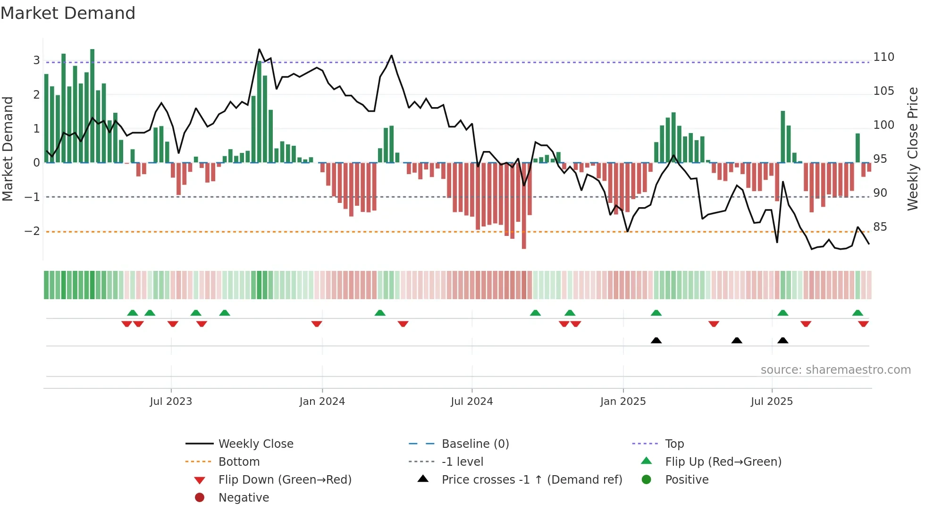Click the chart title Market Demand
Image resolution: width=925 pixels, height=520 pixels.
point(68,13)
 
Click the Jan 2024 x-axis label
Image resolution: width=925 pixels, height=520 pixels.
point(322,402)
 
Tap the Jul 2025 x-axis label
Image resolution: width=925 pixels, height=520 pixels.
point(772,402)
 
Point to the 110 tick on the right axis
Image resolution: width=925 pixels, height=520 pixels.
point(883,57)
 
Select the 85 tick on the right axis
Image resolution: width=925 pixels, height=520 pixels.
point(880,227)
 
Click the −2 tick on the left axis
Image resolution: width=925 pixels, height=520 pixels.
point(32,231)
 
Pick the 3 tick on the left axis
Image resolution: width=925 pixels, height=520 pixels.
point(36,60)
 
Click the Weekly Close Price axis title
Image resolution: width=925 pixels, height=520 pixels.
point(913,149)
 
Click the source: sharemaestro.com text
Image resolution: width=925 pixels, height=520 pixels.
point(835,370)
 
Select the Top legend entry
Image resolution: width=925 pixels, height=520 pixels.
point(674,444)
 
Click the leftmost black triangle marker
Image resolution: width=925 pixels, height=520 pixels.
point(656,340)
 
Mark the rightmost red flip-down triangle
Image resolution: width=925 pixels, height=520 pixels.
point(863,324)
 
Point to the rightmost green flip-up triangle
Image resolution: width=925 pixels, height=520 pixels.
point(858,313)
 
